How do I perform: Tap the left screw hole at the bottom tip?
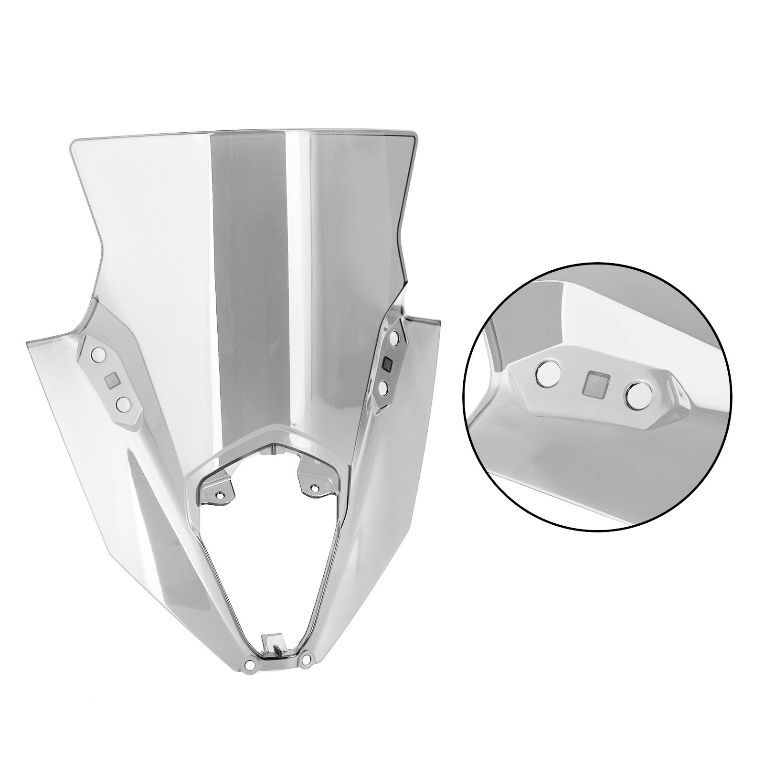250,664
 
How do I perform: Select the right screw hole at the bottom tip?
306,659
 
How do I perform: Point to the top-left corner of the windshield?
73,142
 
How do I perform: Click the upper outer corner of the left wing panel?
28,342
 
